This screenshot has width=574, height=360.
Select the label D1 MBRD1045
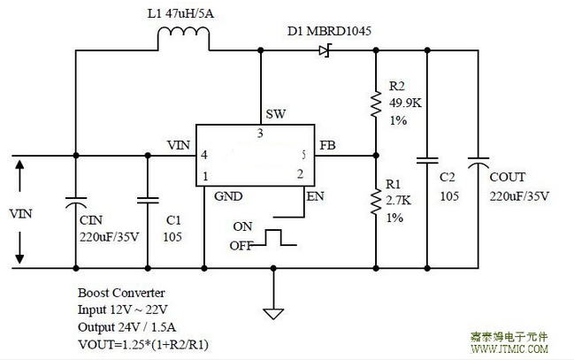(329, 31)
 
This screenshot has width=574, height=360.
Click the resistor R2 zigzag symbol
(375, 105)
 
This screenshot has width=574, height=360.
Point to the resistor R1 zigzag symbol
(375, 201)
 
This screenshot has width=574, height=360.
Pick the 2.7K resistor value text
(400, 201)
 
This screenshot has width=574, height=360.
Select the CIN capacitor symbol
(75, 203)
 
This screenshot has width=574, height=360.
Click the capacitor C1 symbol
(148, 201)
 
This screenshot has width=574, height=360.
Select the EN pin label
(315, 195)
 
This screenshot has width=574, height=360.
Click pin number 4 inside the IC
(204, 155)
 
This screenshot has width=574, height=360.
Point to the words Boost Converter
(121, 292)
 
